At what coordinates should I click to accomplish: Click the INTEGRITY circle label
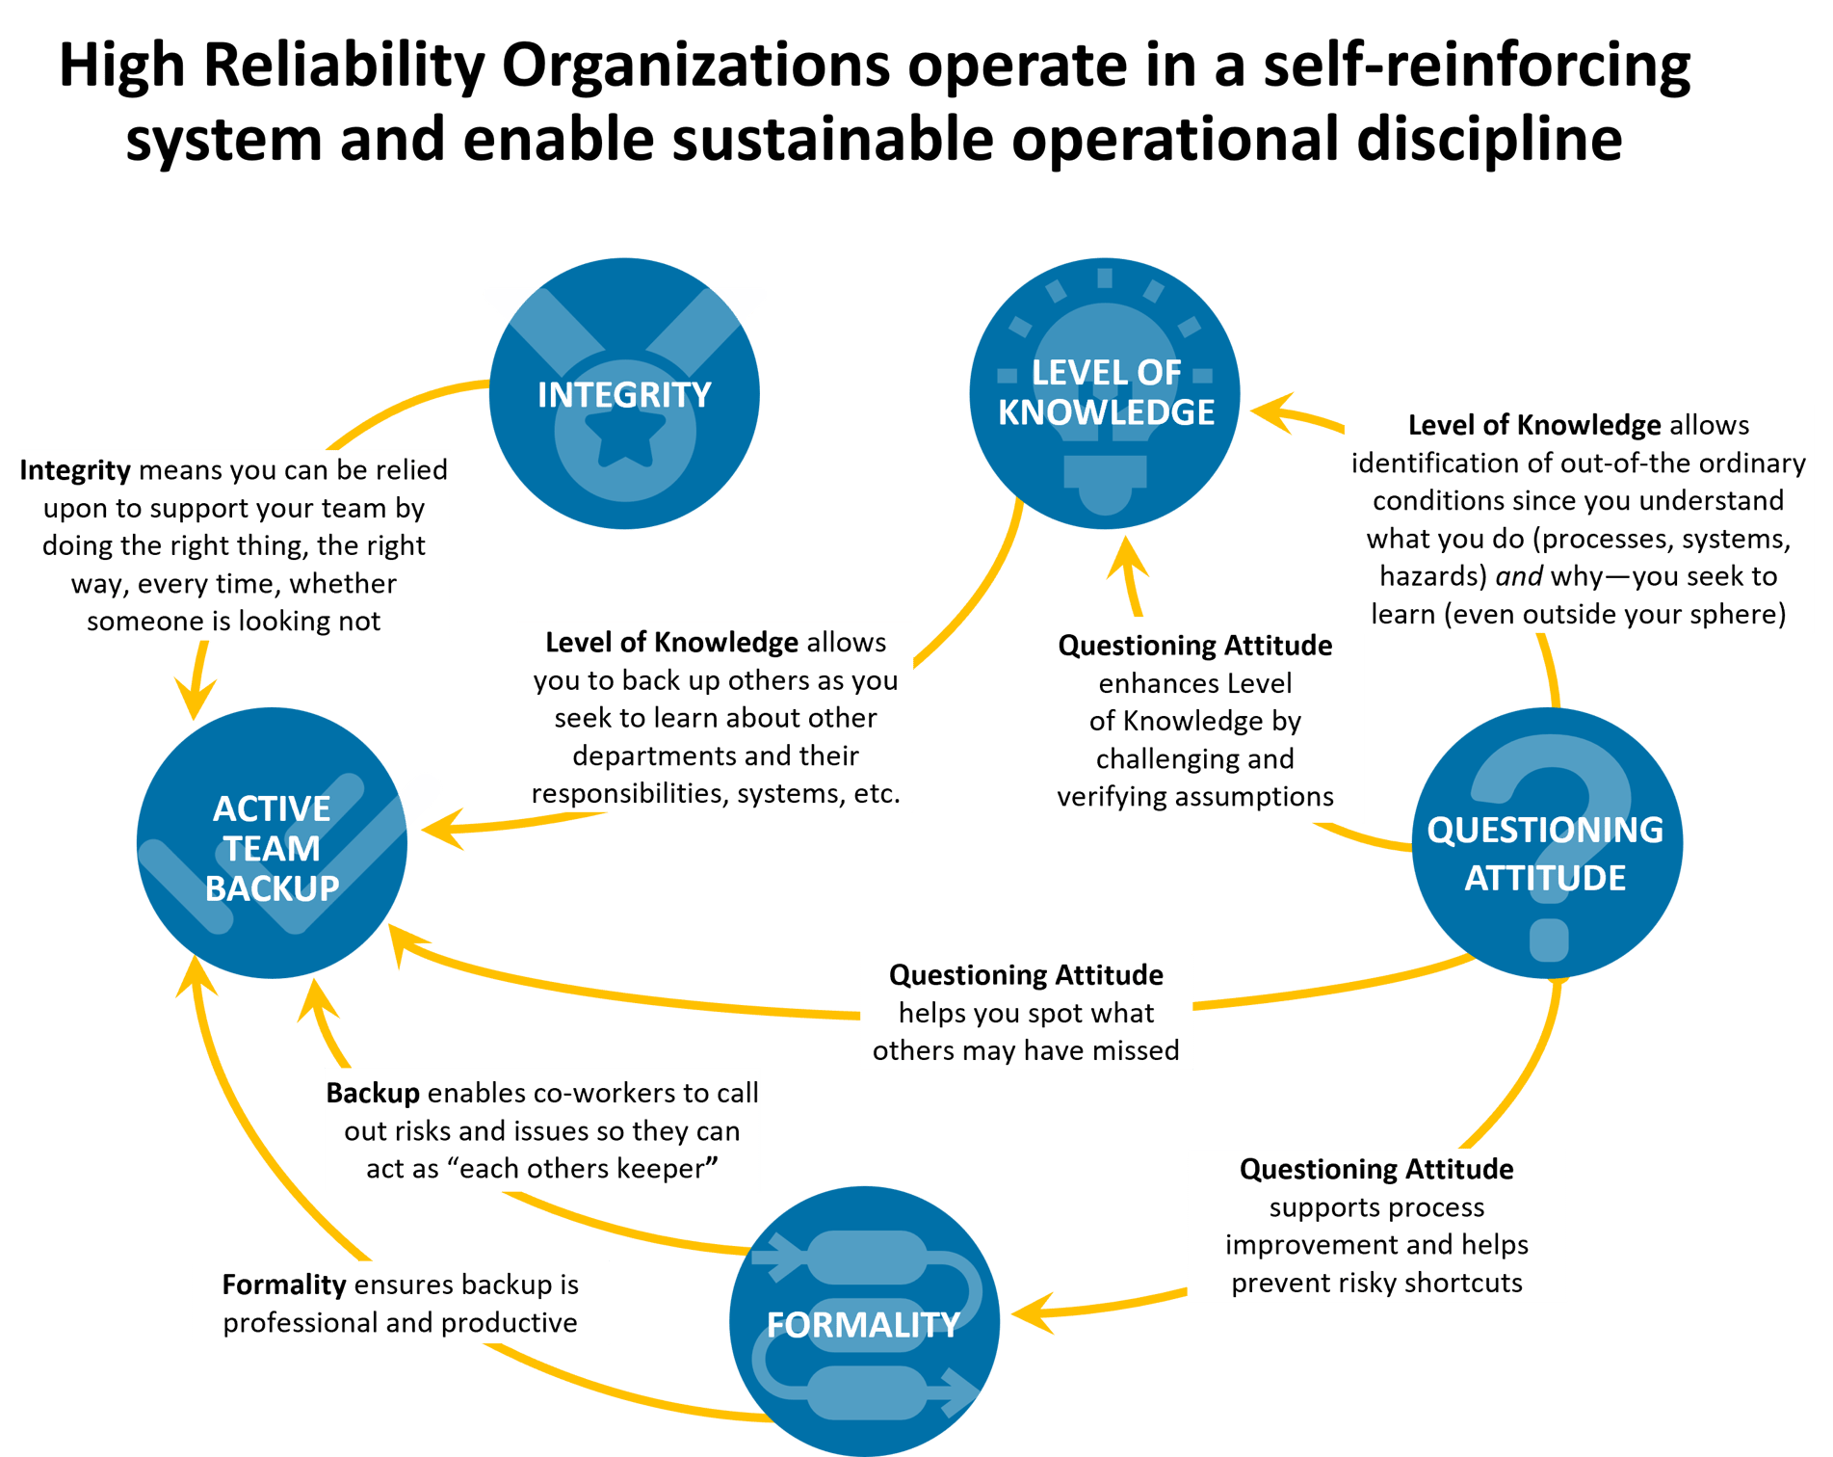point(624,394)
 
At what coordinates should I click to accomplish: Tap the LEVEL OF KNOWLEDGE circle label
point(1106,392)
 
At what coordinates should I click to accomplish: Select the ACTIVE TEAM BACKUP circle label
point(272,848)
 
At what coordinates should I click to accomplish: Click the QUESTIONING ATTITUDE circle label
point(1545,854)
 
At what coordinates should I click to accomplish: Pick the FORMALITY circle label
point(863,1324)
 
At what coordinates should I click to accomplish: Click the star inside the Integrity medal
point(625,438)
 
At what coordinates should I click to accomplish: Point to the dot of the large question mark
point(1548,940)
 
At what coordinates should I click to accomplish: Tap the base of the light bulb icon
point(1105,482)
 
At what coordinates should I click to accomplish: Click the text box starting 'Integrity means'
point(234,545)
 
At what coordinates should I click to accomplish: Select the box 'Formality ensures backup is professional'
point(400,1303)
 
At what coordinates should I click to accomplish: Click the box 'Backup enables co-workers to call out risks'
point(542,1130)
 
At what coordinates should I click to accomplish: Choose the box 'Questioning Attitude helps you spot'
point(1026,1012)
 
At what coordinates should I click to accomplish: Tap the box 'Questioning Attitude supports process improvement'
point(1376,1225)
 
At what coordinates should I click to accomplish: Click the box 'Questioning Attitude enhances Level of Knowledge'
point(1194,720)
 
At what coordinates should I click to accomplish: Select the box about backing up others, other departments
point(716,717)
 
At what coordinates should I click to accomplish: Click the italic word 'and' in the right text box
point(1519,576)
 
